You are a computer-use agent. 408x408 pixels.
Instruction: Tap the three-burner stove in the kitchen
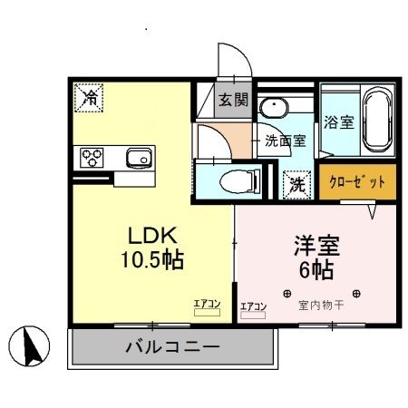(92, 159)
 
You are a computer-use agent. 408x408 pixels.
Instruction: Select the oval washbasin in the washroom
(271, 110)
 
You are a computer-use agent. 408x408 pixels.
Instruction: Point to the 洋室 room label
(314, 245)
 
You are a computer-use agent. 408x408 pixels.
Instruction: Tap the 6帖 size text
(314, 269)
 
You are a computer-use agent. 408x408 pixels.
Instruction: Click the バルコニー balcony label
(172, 347)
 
